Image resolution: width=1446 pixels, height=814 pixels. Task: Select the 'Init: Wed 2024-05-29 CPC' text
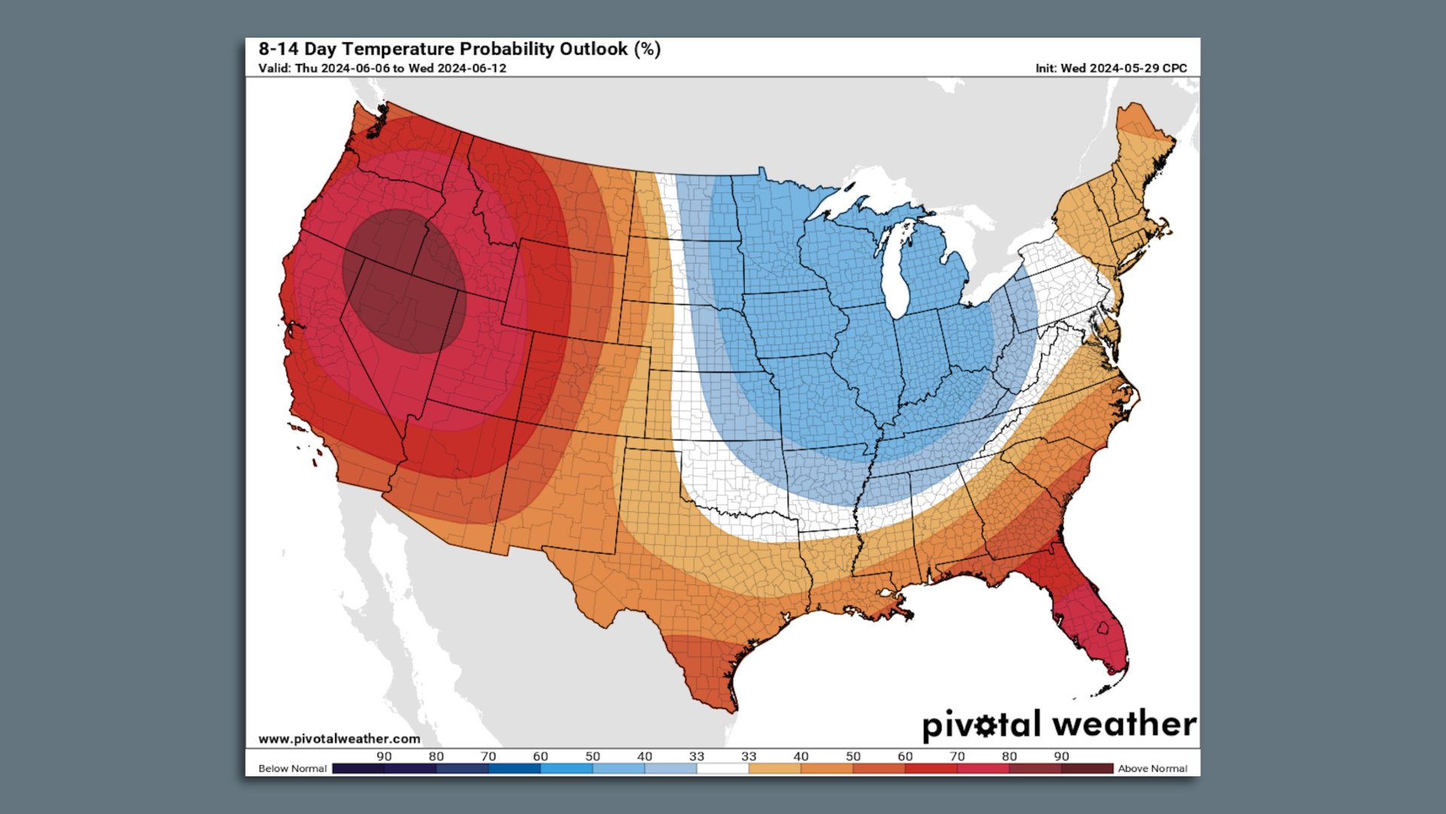[x=1110, y=69]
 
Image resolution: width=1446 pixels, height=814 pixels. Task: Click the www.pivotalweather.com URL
[x=339, y=739]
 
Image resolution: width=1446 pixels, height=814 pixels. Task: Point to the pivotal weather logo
[x=1058, y=724]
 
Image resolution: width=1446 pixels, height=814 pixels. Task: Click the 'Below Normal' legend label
[x=292, y=769]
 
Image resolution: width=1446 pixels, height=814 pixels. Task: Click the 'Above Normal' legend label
[x=1152, y=769]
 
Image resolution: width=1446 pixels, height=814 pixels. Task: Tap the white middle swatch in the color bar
[x=722, y=769]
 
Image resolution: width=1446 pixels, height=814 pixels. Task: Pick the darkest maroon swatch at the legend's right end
[x=1087, y=769]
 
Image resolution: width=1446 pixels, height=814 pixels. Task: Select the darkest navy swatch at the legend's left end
[x=358, y=769]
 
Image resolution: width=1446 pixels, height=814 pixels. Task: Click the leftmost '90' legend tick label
[x=384, y=756]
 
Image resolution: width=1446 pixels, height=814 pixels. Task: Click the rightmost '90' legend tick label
[x=1061, y=756]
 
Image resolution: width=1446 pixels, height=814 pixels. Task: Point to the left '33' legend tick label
[x=697, y=756]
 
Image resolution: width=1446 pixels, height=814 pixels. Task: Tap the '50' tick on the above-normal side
[x=853, y=756]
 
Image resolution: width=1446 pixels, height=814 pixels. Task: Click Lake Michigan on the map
[x=896, y=271]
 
